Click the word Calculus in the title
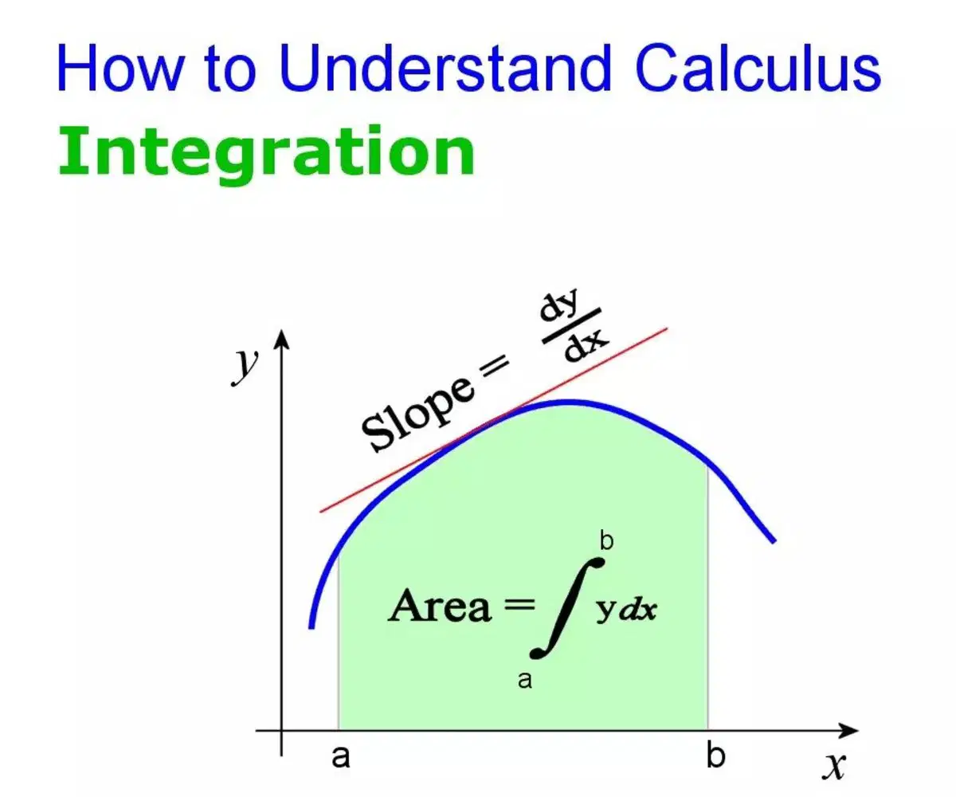pos(758,68)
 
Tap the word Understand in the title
pos(445,68)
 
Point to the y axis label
pos(245,367)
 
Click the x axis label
pos(834,765)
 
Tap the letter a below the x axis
pos(341,756)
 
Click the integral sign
pos(566,607)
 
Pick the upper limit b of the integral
pos(606,541)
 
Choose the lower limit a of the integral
pos(525,681)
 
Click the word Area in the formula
pos(440,606)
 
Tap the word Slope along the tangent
pos(417,415)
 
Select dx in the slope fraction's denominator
pos(586,344)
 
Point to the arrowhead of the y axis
pos(281,338)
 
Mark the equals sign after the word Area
pos(519,606)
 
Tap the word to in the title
pos(230,69)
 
